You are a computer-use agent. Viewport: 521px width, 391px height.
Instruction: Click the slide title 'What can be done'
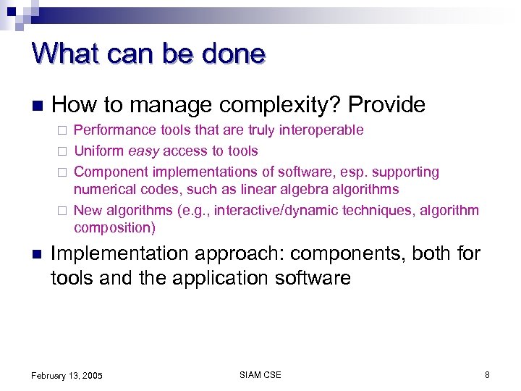pos(148,54)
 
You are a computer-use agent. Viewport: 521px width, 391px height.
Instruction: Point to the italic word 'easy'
pos(144,151)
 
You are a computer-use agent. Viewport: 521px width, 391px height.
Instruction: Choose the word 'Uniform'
pos(99,151)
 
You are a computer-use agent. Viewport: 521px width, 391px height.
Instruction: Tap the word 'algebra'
pos(289,190)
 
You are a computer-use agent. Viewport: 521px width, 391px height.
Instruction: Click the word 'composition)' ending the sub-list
pos(114,228)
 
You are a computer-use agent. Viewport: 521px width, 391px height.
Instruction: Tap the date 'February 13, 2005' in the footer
pos(67,375)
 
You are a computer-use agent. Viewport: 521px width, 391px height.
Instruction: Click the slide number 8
pos(487,374)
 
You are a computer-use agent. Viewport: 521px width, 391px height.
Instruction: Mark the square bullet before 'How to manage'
pos(36,106)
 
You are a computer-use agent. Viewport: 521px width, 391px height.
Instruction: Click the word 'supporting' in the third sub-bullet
pos(406,172)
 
